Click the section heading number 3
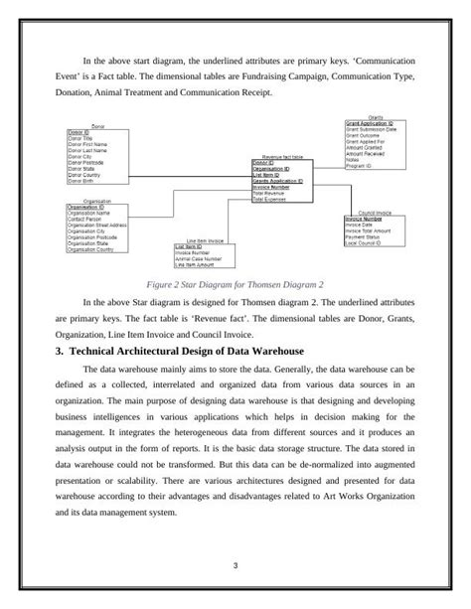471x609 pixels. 59,352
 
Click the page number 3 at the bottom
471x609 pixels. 235,566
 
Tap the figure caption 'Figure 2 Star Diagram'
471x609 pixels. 235,281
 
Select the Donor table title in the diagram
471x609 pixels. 97,126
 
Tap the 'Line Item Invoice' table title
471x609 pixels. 205,240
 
